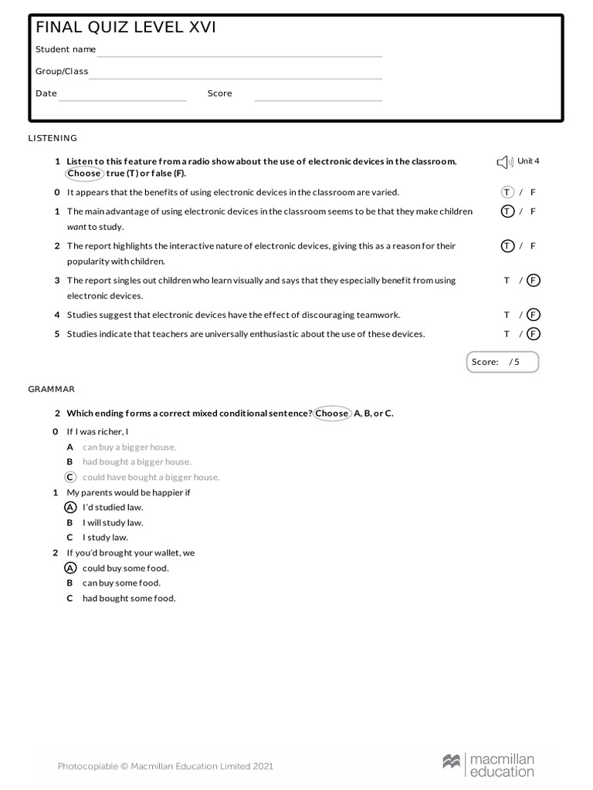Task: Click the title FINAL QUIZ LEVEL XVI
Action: (126, 28)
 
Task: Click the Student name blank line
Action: (239, 55)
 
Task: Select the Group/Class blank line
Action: (236, 77)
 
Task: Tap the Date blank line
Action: (123, 100)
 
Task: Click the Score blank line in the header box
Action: (318, 100)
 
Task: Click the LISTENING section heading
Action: (53, 138)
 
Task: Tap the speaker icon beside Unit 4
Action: (504, 162)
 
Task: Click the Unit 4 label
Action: (528, 161)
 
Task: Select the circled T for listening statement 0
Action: (507, 192)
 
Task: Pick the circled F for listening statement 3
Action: (534, 281)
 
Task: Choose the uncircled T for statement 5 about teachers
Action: (507, 334)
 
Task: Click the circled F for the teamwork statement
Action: (534, 315)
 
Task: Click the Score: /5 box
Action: (503, 362)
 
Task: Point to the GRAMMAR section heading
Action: (52, 390)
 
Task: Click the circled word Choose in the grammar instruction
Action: (332, 414)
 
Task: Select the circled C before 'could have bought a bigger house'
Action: (70, 477)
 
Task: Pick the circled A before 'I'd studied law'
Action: (70, 507)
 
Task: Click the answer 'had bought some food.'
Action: (129, 599)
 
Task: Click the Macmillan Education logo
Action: (488, 766)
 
